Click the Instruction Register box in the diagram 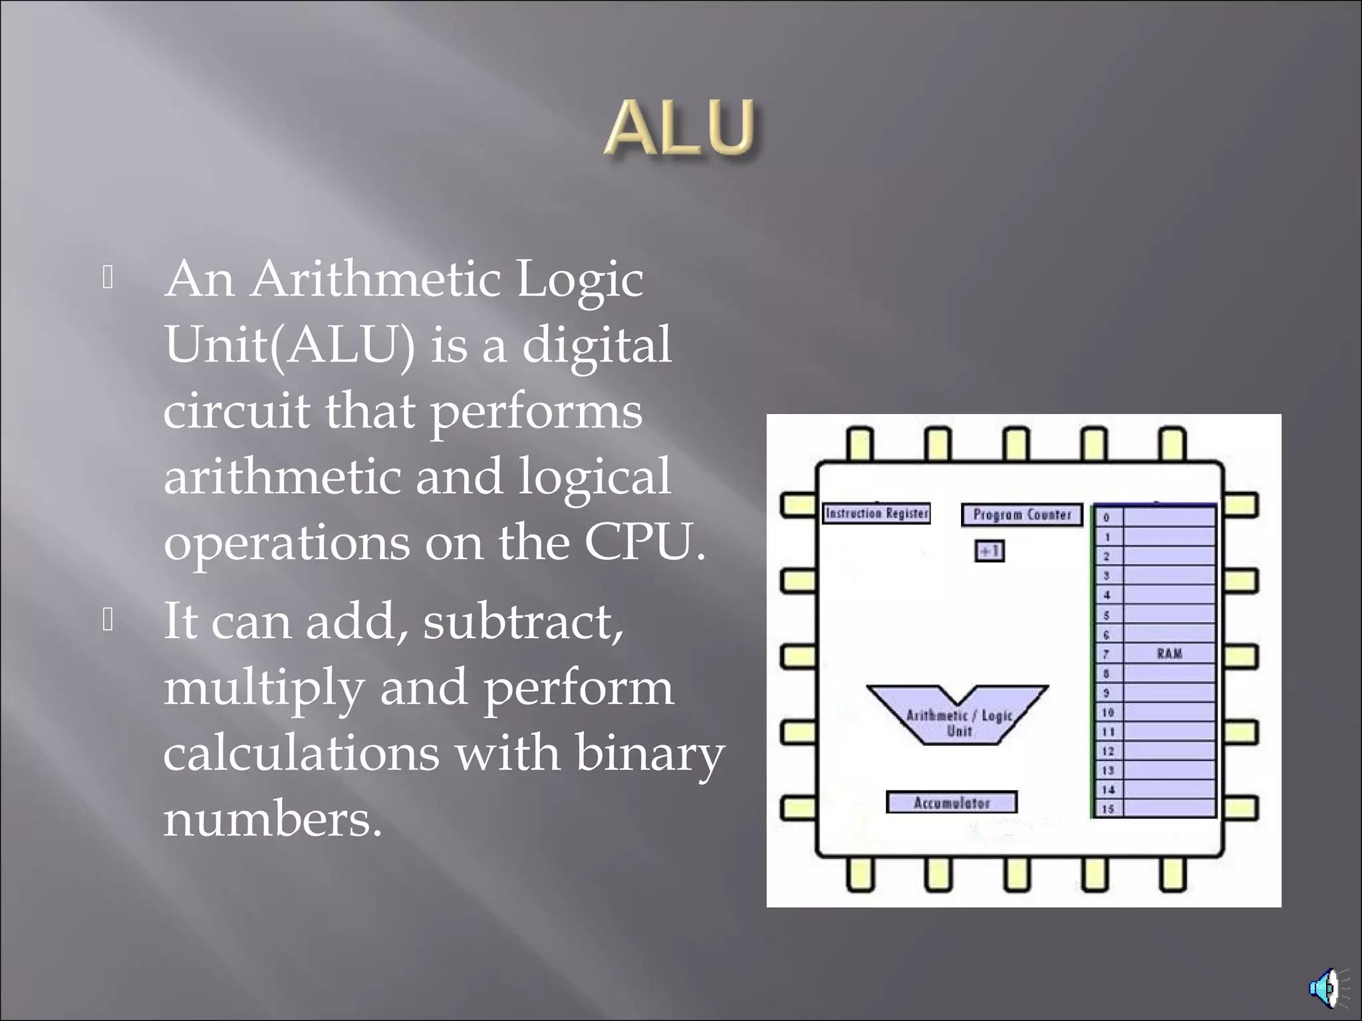click(x=876, y=513)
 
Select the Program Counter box click(x=1021, y=514)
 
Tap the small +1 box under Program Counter click(x=989, y=551)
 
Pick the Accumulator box click(x=952, y=802)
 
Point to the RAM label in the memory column click(x=1169, y=653)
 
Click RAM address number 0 click(x=1107, y=517)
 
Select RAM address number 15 click(x=1108, y=809)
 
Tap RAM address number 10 click(x=1108, y=712)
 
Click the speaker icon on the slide click(x=1325, y=988)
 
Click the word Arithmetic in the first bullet click(x=375, y=279)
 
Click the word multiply click(x=263, y=688)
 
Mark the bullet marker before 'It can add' click(x=108, y=620)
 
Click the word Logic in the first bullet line click(x=579, y=279)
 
